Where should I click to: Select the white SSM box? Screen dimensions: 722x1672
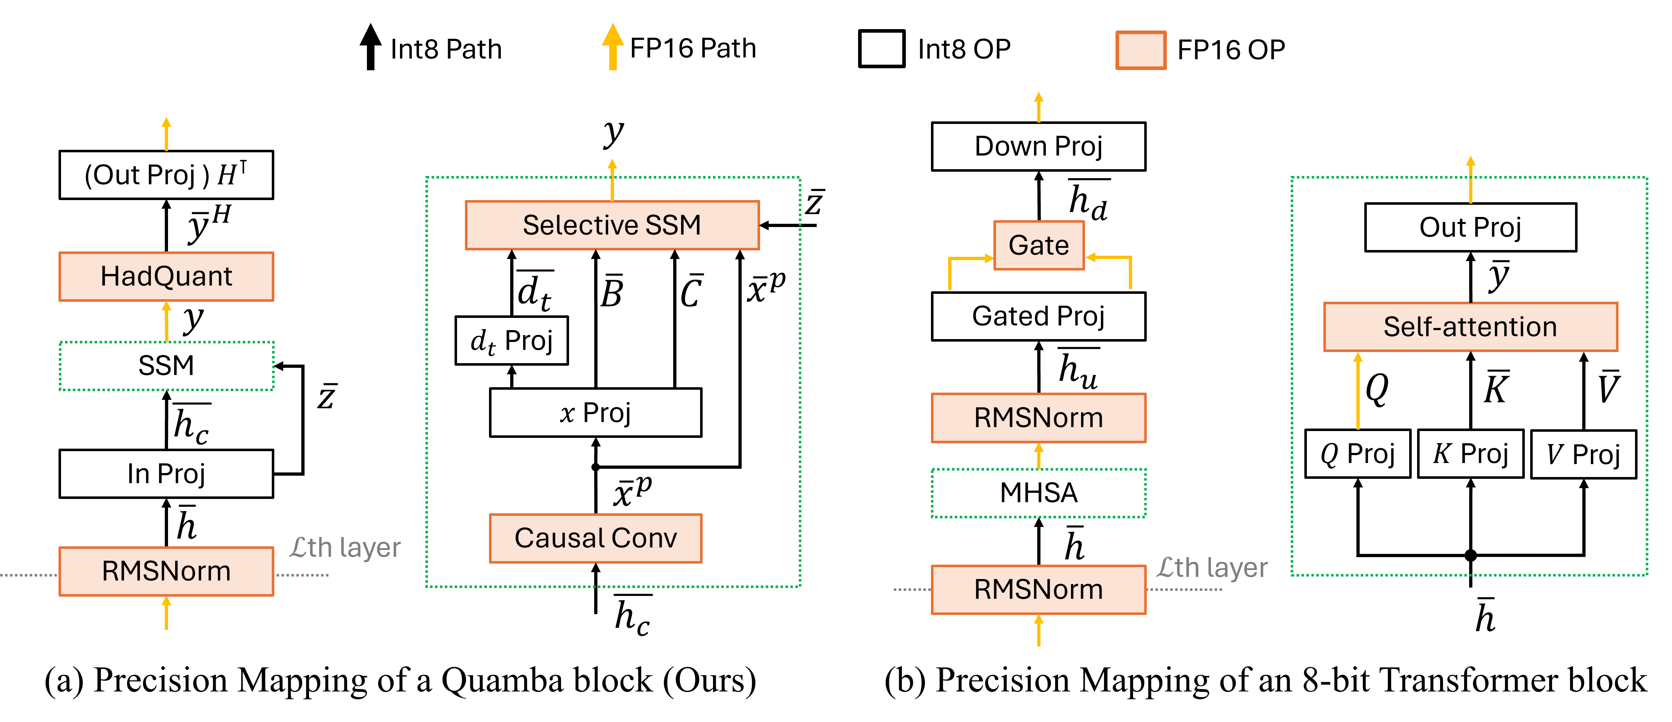166,366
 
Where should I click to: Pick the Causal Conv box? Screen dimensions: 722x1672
595,538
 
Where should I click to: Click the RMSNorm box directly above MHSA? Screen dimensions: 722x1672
1039,417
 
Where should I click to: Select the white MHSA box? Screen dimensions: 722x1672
1039,493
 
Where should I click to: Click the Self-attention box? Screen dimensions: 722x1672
1470,327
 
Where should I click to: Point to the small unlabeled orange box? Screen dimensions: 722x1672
1140,50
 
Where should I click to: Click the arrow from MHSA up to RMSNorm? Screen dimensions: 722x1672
1039,456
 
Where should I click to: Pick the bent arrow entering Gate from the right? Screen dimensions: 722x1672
1120,258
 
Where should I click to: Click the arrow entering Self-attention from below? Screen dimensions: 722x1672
1358,390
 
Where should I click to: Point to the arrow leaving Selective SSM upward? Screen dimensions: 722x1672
612,180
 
